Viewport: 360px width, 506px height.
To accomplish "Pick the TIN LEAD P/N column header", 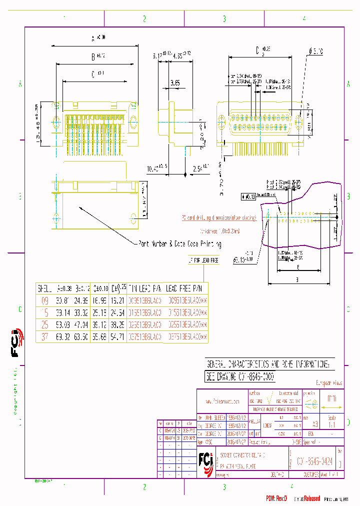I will pos(145,288).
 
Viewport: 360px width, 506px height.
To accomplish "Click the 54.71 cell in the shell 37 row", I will pos(117,337).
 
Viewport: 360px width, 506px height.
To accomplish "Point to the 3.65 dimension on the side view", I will pos(174,83).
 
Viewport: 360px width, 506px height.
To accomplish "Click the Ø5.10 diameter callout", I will pos(316,51).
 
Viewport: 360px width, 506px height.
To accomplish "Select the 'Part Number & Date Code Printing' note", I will pos(179,244).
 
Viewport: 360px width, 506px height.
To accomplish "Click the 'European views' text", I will pos(329,383).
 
